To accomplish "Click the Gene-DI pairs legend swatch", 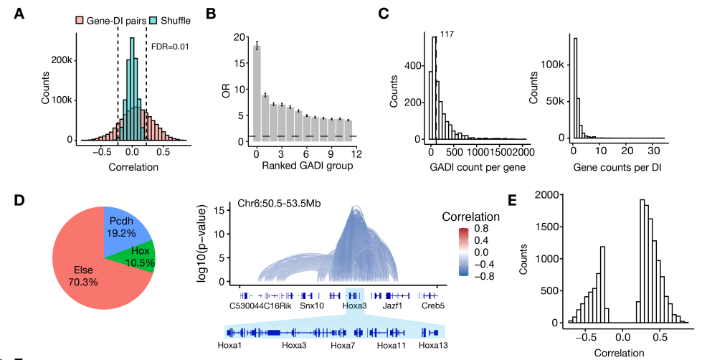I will tap(79, 21).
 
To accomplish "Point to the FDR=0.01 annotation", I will tap(169, 47).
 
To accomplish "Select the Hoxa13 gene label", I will tap(432, 346).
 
